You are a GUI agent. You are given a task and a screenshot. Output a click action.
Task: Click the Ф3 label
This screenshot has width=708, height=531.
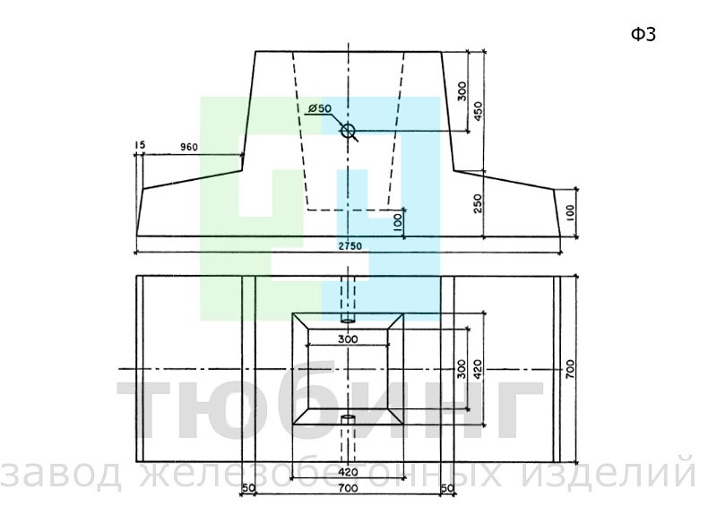click(x=643, y=34)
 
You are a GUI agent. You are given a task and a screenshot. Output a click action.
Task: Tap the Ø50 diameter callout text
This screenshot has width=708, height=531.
click(x=320, y=108)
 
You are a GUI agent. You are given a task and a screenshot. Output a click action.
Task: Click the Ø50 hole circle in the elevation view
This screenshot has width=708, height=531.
click(x=348, y=132)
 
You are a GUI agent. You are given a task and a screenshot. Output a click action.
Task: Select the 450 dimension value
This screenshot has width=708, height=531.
click(x=479, y=111)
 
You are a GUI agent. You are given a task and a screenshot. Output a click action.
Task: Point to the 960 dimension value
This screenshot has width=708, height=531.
click(x=189, y=147)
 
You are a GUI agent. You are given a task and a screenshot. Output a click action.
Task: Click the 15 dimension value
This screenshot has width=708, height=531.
click(x=140, y=145)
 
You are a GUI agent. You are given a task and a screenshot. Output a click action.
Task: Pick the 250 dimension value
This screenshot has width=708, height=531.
click(x=479, y=203)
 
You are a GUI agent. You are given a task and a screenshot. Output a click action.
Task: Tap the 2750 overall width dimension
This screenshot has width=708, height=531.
click(x=350, y=246)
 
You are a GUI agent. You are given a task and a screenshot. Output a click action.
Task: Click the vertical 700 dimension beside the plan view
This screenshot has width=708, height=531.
click(x=570, y=369)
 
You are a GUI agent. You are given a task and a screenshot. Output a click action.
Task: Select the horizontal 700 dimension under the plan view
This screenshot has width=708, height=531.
click(x=348, y=488)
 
